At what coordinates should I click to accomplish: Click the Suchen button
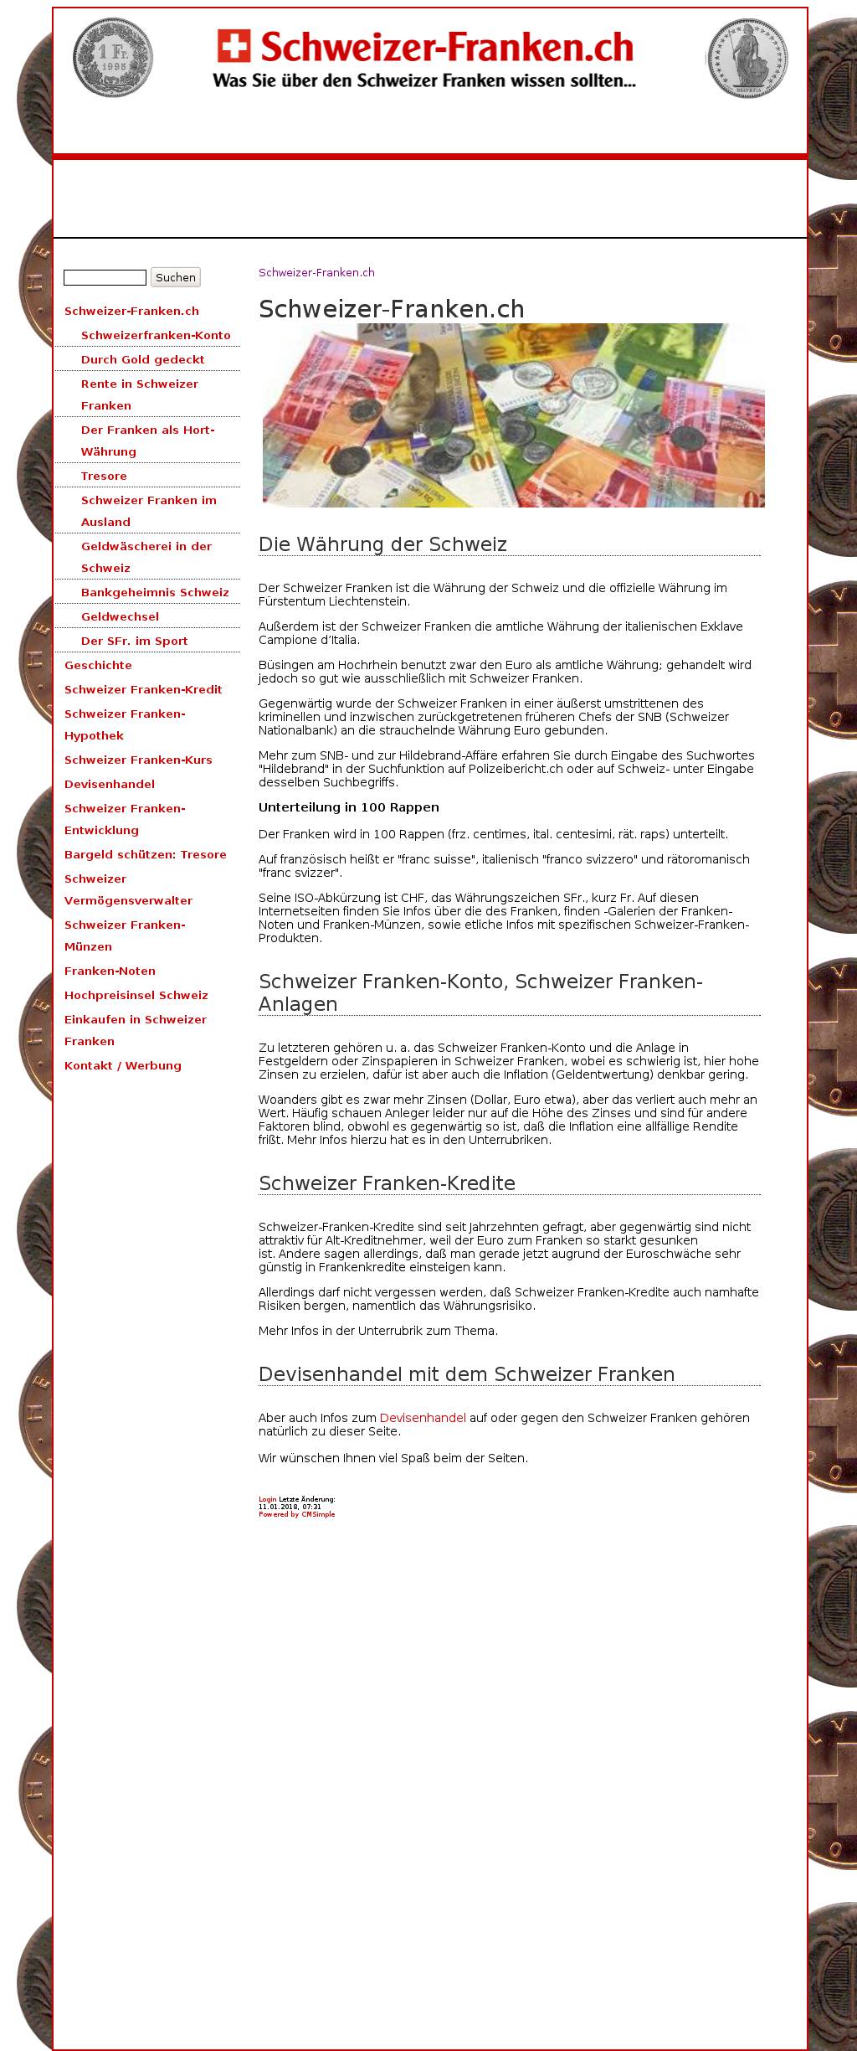(x=175, y=277)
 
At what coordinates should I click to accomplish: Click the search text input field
(x=105, y=277)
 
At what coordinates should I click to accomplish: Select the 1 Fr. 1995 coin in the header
(x=112, y=57)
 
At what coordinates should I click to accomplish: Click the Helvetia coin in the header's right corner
(x=747, y=58)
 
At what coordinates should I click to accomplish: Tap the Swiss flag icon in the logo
(x=233, y=46)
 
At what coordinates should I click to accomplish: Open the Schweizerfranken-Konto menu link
(x=156, y=335)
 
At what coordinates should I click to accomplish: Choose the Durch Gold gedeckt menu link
(x=142, y=359)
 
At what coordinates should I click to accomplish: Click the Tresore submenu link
(x=104, y=476)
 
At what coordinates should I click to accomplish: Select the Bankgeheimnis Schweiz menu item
(x=155, y=592)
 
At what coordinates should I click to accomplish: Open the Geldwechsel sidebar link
(x=120, y=616)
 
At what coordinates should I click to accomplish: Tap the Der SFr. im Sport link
(x=134, y=641)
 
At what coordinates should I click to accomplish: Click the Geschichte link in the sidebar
(x=98, y=665)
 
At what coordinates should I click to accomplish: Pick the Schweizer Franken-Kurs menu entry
(x=138, y=760)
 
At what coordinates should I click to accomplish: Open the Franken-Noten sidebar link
(x=110, y=971)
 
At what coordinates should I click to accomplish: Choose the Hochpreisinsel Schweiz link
(x=136, y=995)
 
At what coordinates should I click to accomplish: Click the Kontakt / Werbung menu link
(x=122, y=1065)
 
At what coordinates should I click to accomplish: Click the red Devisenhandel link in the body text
(x=423, y=1418)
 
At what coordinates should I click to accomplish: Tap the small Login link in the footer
(x=267, y=1499)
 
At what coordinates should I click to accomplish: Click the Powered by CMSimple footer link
(x=296, y=1514)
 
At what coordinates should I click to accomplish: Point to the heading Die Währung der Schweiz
(x=382, y=544)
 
